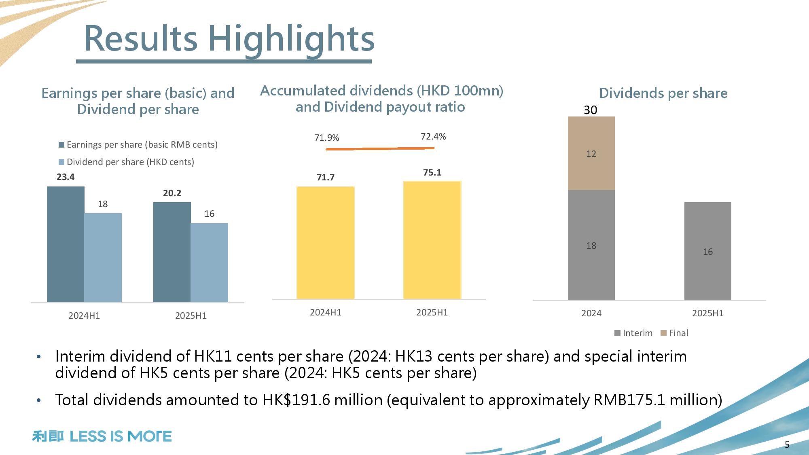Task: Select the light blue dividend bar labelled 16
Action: pos(209,262)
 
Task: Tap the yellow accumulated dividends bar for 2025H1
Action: pos(432,240)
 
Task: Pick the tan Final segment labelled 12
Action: pos(591,154)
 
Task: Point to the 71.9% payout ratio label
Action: pos(326,138)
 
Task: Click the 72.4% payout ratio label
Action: pos(433,137)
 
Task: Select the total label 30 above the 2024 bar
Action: pos(591,110)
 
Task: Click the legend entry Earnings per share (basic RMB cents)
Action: pos(138,145)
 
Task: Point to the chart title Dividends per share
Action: pos(663,93)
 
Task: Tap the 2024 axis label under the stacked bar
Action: pos(591,313)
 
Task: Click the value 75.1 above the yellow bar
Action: pos(432,173)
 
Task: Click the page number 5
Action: pos(787,445)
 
